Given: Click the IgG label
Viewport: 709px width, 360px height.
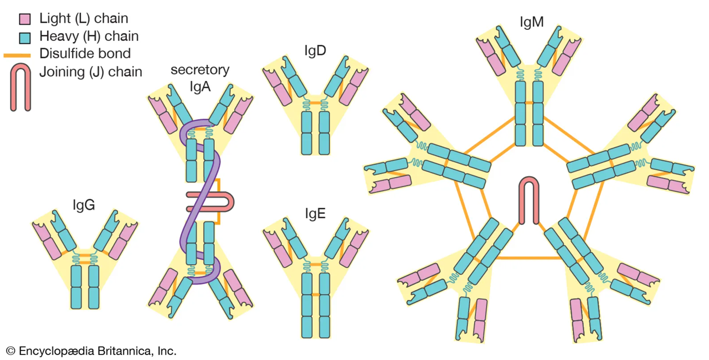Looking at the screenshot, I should click(x=84, y=205).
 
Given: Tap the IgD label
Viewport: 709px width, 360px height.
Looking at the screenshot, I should click(x=315, y=51).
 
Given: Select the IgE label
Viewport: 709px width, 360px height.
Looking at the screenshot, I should click(x=315, y=213).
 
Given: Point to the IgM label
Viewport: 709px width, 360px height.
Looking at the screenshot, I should click(x=531, y=23).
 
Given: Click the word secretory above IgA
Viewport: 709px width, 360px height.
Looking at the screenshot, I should click(x=200, y=70).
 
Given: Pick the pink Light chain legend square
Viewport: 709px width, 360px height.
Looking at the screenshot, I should click(x=25, y=19).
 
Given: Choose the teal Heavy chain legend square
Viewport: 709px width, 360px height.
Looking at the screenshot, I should click(x=25, y=38).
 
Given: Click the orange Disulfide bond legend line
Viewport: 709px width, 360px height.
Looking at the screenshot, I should click(x=17, y=55).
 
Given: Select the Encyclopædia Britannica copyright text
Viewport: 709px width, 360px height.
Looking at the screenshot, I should click(x=91, y=351).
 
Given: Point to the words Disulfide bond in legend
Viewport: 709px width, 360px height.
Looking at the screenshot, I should click(x=85, y=54).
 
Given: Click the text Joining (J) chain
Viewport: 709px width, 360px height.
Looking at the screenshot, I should click(x=91, y=71).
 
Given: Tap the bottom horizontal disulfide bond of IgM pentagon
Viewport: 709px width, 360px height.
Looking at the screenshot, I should click(x=529, y=258).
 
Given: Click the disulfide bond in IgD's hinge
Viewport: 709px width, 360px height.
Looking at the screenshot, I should click(x=316, y=103).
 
